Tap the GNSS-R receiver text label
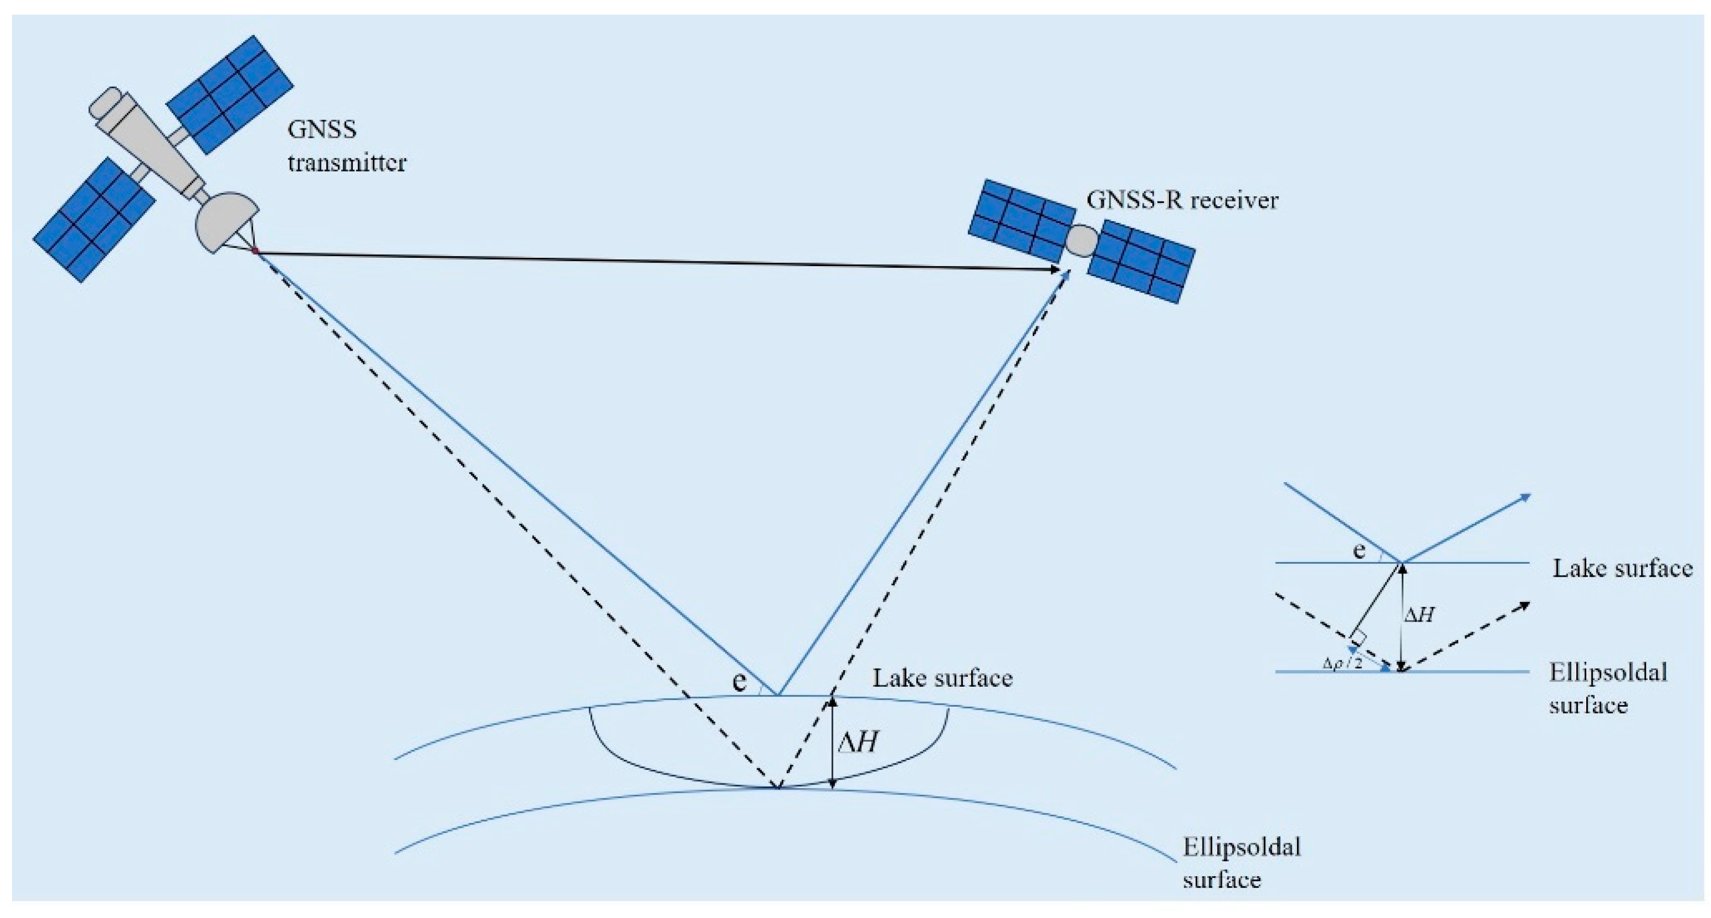pyautogui.click(x=1182, y=200)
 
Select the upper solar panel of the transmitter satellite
pyautogui.click(x=230, y=95)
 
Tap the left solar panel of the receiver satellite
pyautogui.click(x=1022, y=220)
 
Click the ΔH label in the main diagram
pyautogui.click(x=859, y=742)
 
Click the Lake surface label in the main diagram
pyautogui.click(x=942, y=678)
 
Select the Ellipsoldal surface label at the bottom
pyautogui.click(x=1241, y=863)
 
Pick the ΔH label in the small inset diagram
pyautogui.click(x=1420, y=615)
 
